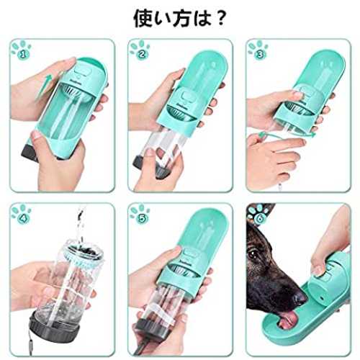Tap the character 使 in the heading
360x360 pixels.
coord(143,18)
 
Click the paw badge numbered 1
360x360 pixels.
coord(22,50)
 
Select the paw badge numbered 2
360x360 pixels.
coord(140,50)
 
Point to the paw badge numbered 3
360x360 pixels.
coord(258,50)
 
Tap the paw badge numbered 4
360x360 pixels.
coord(22,214)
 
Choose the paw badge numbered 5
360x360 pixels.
coord(140,214)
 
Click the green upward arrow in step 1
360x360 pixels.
coord(43,87)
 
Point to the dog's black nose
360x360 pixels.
coord(299,297)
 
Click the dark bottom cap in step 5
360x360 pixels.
coord(150,330)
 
